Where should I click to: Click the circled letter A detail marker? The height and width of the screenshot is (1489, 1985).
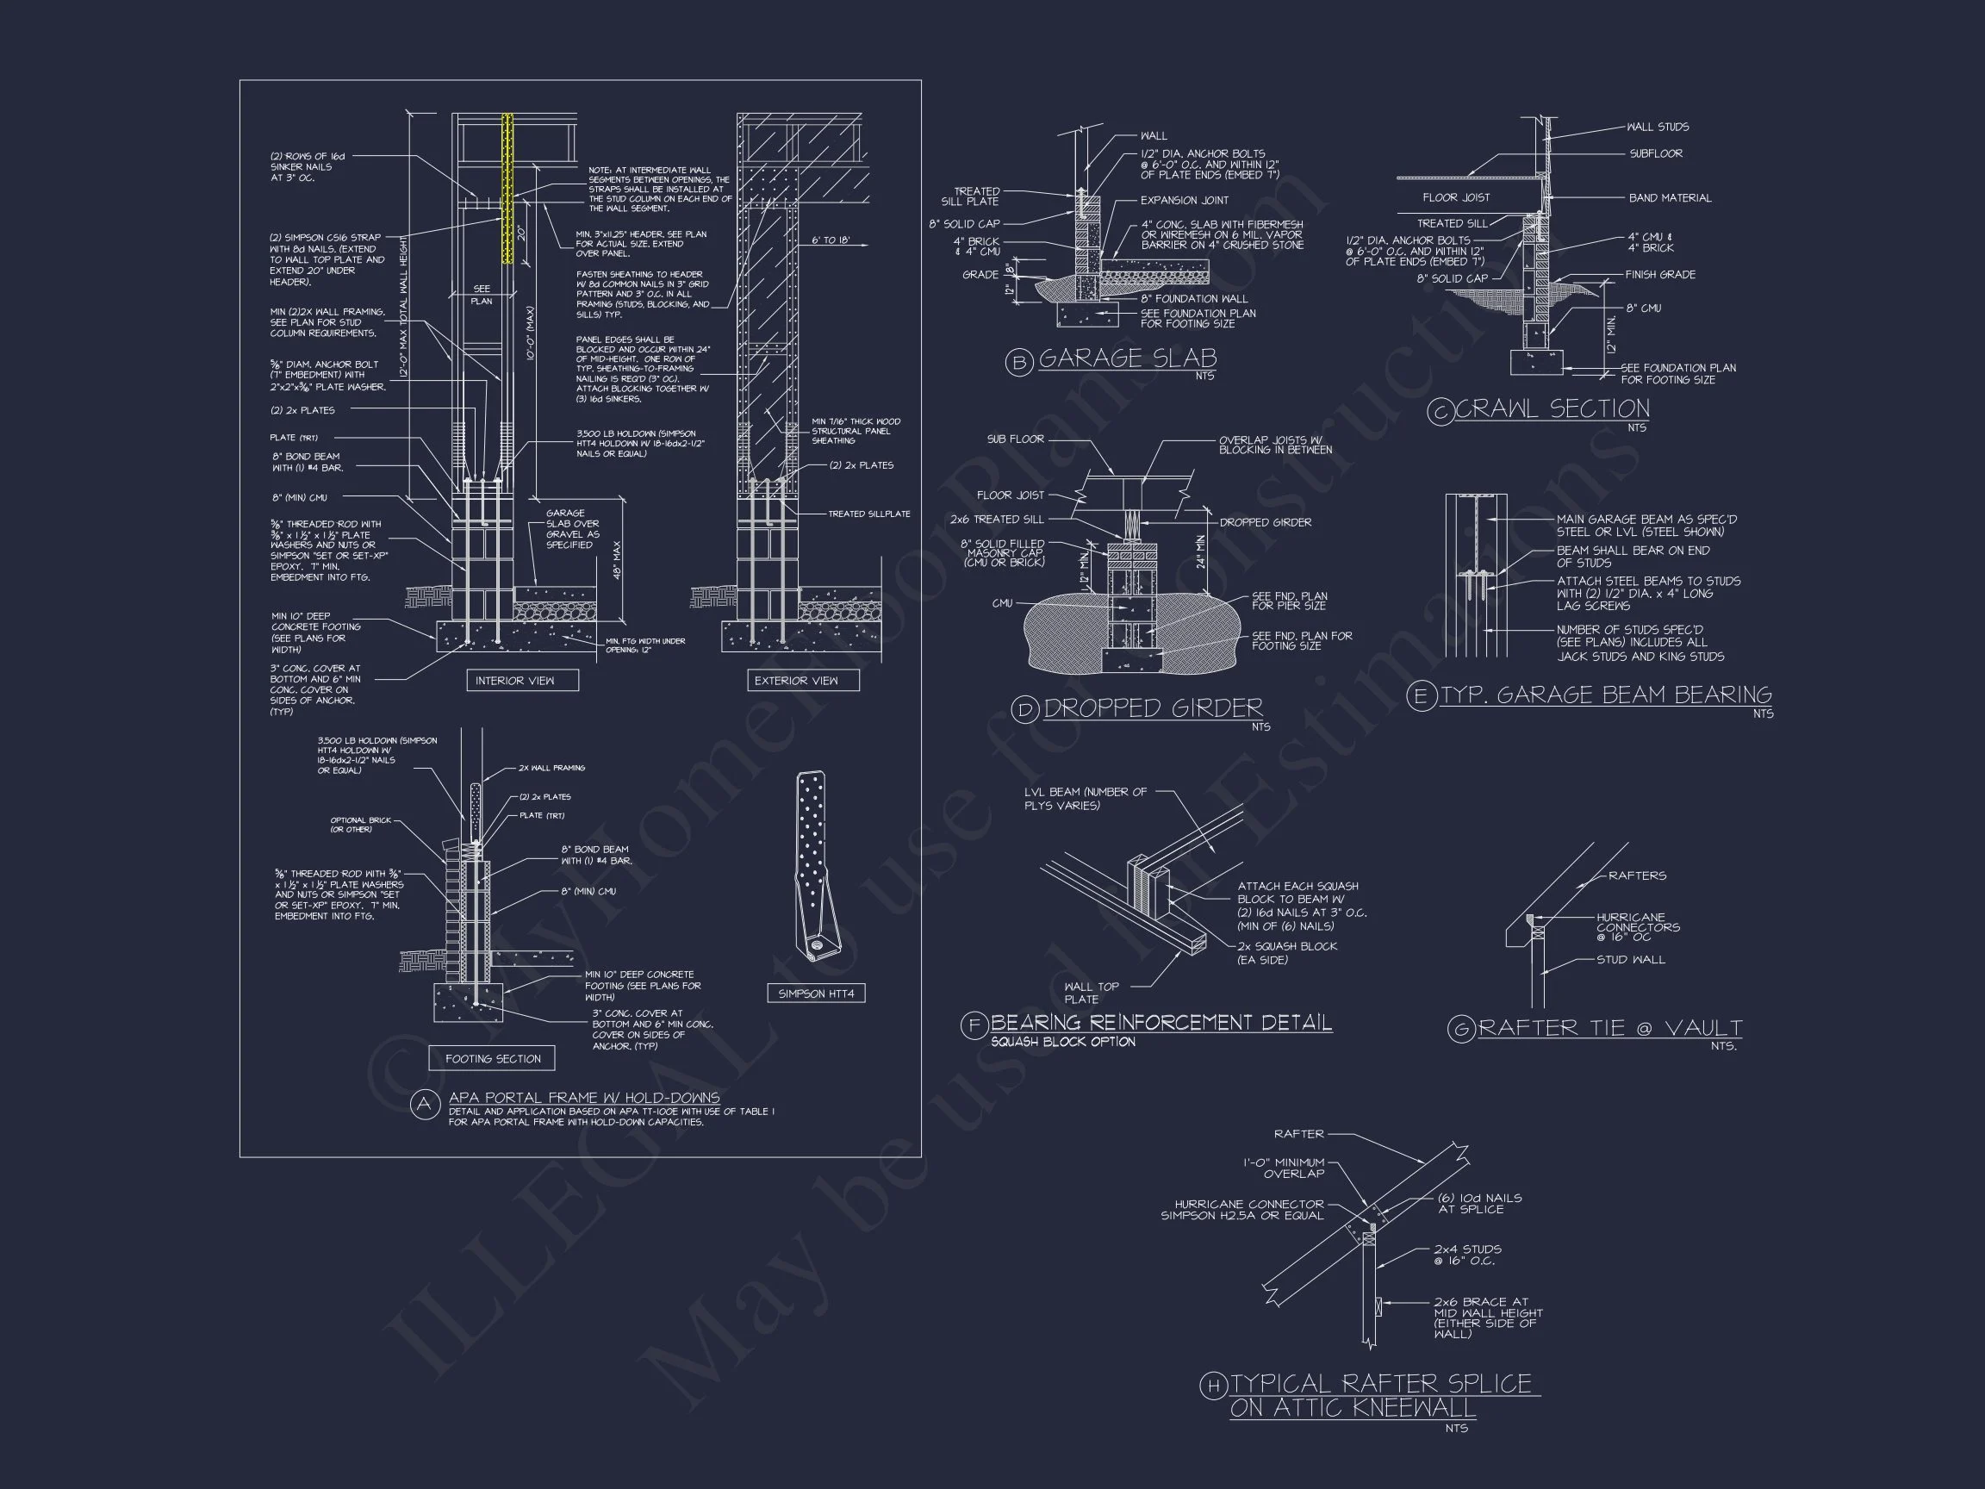point(425,1105)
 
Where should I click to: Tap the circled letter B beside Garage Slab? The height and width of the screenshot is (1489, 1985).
point(1018,363)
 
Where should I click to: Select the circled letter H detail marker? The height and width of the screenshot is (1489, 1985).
point(1212,1386)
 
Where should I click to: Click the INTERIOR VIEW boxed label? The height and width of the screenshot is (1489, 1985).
point(514,681)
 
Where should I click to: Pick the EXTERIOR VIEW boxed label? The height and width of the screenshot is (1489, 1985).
point(796,681)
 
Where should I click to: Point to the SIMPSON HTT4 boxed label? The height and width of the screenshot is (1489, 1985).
point(816,994)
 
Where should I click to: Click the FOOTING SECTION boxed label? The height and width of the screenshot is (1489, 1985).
point(493,1058)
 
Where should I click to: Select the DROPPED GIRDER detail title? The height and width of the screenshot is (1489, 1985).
point(1152,708)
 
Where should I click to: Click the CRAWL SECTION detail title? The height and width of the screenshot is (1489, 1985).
point(1552,409)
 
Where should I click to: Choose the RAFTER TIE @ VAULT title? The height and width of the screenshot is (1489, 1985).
point(1610,1028)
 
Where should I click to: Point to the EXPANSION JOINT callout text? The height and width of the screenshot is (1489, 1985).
point(1184,200)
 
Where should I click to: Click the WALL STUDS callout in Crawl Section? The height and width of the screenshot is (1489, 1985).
point(1658,127)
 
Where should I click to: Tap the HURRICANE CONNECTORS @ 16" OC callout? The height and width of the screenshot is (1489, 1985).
point(1637,927)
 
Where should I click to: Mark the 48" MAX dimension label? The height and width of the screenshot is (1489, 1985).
point(618,560)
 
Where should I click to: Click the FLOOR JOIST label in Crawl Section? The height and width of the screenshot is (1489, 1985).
point(1455,197)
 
